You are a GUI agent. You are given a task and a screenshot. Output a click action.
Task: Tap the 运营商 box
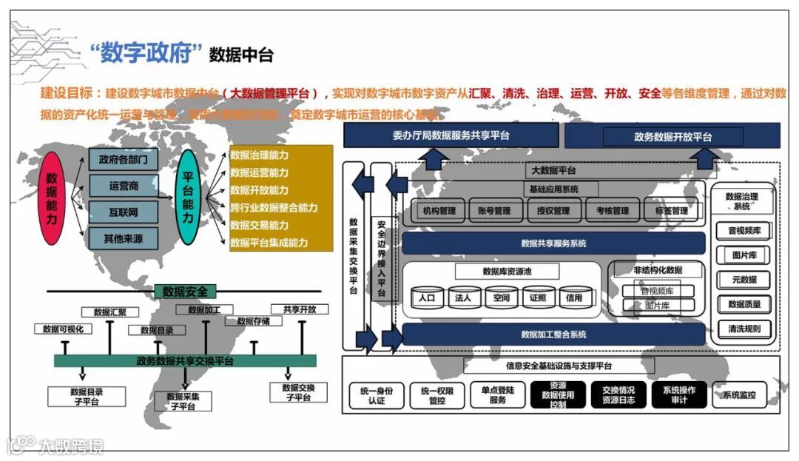tap(124, 186)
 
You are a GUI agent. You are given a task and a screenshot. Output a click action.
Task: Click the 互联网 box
tap(124, 212)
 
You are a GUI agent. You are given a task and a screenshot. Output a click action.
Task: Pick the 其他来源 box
tap(124, 238)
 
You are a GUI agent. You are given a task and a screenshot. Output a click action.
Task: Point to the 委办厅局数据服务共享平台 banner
tap(451, 135)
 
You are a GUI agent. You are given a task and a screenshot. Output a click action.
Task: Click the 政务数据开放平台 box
tap(672, 137)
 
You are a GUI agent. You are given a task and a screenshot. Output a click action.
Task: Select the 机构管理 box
tap(439, 211)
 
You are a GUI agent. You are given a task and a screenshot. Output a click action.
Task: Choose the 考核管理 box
tap(612, 211)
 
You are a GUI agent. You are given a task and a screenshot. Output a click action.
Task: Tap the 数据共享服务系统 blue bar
tap(553, 243)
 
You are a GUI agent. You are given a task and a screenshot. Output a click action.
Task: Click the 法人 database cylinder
tap(463, 297)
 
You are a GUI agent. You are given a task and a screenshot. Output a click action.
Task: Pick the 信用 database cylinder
tap(574, 297)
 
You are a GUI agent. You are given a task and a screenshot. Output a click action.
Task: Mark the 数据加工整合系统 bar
tap(553, 334)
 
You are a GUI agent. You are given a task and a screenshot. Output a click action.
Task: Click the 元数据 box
tap(743, 280)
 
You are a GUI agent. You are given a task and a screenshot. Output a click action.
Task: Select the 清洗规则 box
tap(743, 329)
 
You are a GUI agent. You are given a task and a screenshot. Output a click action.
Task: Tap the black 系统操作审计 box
tap(679, 395)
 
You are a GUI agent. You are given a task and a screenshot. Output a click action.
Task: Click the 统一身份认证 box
tap(377, 395)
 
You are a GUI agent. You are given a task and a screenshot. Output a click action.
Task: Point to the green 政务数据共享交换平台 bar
tap(185, 360)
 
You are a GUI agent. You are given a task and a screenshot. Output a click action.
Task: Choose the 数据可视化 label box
tap(63, 329)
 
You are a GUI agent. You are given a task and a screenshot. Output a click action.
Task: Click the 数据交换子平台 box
tap(298, 392)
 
